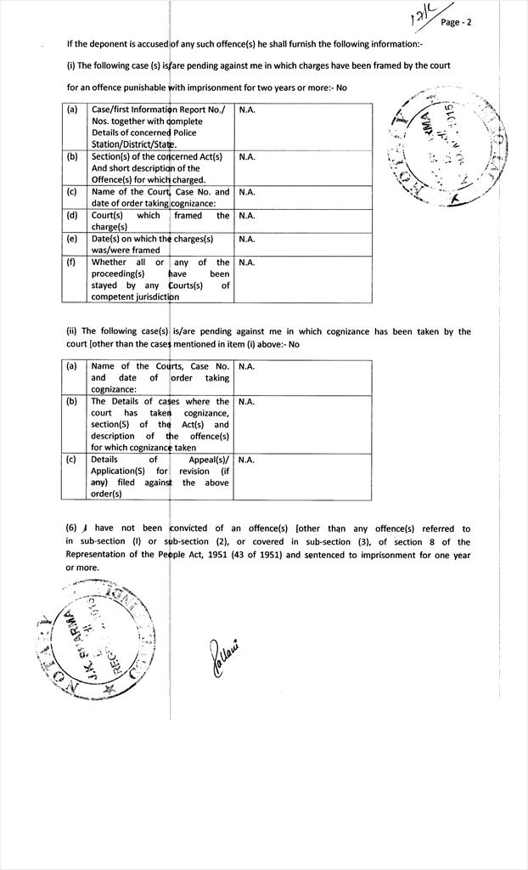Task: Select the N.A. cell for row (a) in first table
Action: tap(247, 110)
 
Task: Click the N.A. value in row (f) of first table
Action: tap(247, 263)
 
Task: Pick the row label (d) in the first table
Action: tap(72, 216)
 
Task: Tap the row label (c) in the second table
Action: tap(72, 460)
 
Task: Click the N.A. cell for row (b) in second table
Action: tap(247, 401)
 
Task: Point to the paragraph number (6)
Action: tap(72, 528)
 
